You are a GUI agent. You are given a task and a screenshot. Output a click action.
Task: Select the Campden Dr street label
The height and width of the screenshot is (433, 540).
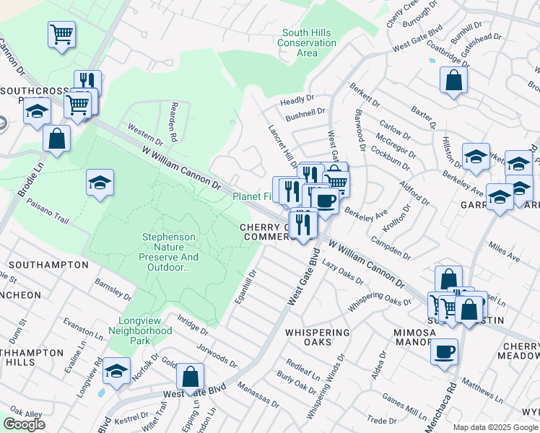point(390,247)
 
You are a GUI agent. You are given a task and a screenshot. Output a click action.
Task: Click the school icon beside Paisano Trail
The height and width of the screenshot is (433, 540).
point(100,183)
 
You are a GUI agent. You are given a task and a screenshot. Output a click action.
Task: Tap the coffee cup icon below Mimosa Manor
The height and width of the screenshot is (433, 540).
point(444,351)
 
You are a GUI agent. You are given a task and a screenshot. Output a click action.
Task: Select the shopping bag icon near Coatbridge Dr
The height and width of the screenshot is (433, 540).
point(453,80)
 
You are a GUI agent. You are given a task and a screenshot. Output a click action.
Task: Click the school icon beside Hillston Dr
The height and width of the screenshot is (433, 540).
point(476,157)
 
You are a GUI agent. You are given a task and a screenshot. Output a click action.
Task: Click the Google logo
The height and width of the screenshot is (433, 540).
point(24,424)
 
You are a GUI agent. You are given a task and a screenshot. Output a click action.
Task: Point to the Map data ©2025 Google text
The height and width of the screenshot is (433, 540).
point(495,427)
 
